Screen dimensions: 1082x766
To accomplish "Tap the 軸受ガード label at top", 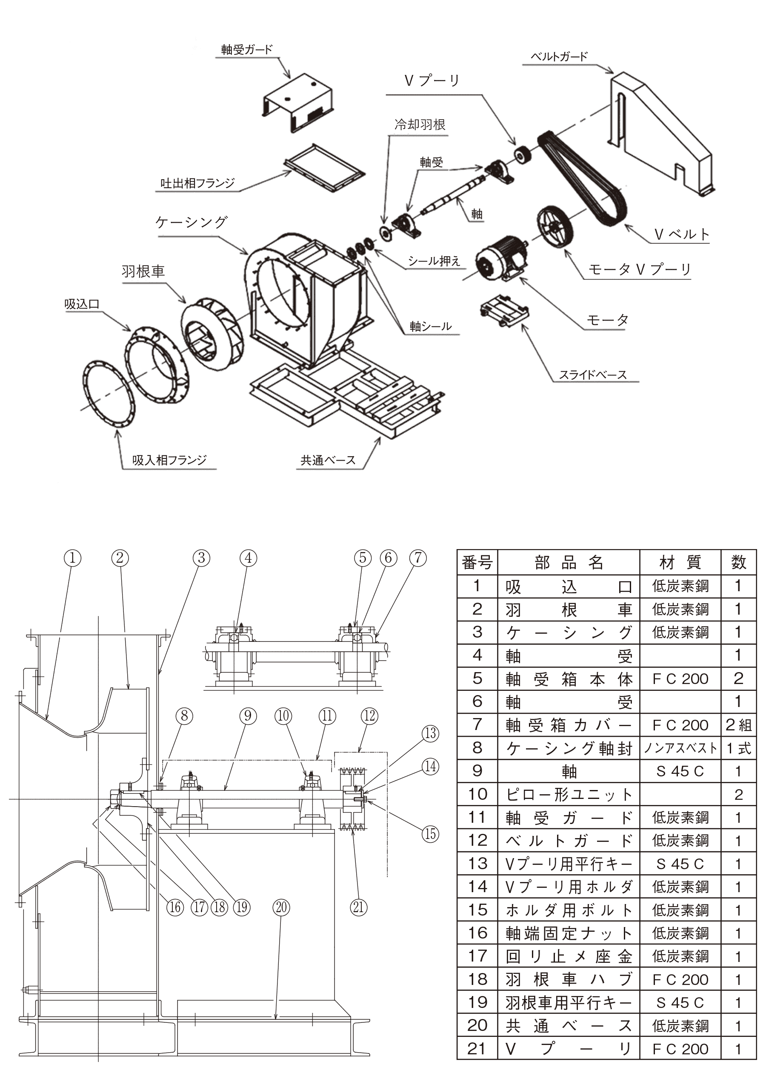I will [x=247, y=49].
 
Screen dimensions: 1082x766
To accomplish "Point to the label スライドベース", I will [x=592, y=375].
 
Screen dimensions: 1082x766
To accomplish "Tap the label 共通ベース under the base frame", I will [x=328, y=460].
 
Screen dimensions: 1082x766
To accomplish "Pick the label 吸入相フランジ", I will [x=169, y=460].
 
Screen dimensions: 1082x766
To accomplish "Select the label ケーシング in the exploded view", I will [x=191, y=222].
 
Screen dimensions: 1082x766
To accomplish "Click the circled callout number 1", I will [x=73, y=558].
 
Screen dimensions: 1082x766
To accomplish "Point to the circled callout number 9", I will [x=248, y=716].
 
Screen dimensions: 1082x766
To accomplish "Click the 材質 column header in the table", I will [x=680, y=562].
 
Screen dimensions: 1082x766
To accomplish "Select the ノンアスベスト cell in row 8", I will [x=680, y=748].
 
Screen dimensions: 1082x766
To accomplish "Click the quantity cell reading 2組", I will [x=738, y=725].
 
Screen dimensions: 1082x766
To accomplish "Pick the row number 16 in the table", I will [x=477, y=933].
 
